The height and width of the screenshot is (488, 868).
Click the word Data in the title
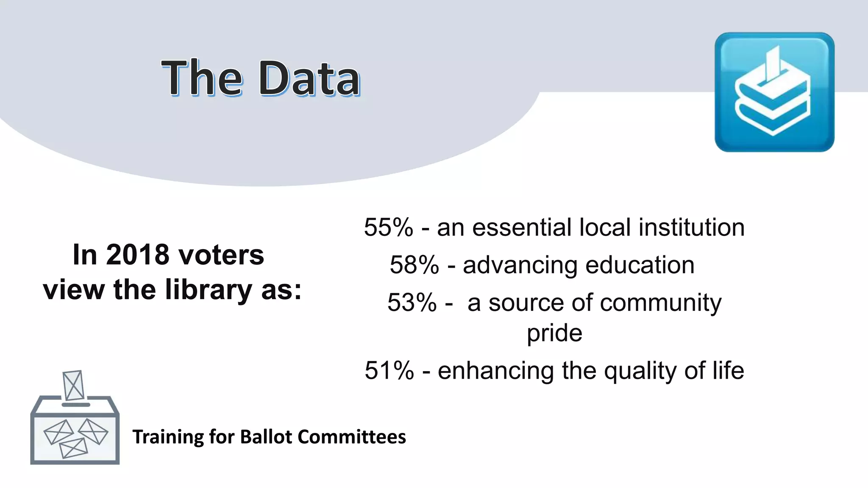(309, 78)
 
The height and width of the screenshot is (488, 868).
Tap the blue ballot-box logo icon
(774, 92)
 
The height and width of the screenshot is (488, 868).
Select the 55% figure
(388, 227)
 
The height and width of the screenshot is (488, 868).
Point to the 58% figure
(414, 265)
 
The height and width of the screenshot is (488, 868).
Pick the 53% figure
(412, 302)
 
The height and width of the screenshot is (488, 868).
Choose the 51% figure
(389, 371)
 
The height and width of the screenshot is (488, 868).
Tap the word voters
(221, 255)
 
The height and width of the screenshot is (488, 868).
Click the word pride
(554, 333)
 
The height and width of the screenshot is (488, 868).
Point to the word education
(640, 265)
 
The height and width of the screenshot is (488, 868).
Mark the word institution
(691, 227)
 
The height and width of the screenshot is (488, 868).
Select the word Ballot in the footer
(266, 437)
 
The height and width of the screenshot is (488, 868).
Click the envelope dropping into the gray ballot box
(73, 385)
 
